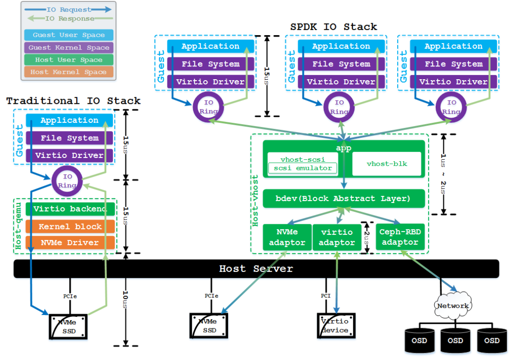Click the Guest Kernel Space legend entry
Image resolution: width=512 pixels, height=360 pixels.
point(69,47)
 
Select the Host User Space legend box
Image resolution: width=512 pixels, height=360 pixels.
point(69,60)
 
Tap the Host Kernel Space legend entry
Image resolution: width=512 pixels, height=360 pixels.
point(69,72)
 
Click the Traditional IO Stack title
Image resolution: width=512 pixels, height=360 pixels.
point(73,101)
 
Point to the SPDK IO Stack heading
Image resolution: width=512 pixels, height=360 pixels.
point(333,27)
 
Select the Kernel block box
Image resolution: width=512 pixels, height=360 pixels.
point(70,226)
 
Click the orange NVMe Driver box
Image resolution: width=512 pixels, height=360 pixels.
point(70,243)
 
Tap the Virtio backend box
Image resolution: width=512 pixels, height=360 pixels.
point(70,209)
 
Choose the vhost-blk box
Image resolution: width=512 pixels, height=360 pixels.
point(387,164)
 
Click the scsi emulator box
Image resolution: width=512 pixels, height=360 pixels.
point(302,168)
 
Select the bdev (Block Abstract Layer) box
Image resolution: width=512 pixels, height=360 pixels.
point(344,198)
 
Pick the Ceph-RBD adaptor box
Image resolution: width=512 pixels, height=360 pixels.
point(400,237)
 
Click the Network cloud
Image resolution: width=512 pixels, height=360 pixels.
point(453,305)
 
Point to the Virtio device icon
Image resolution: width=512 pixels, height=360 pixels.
point(336,326)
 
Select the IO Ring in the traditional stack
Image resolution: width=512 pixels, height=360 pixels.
point(67,181)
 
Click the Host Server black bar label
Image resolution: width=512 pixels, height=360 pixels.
point(256,268)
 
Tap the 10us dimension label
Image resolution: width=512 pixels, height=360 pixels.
point(125,300)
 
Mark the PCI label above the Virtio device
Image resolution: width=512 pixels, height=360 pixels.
point(326,296)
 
